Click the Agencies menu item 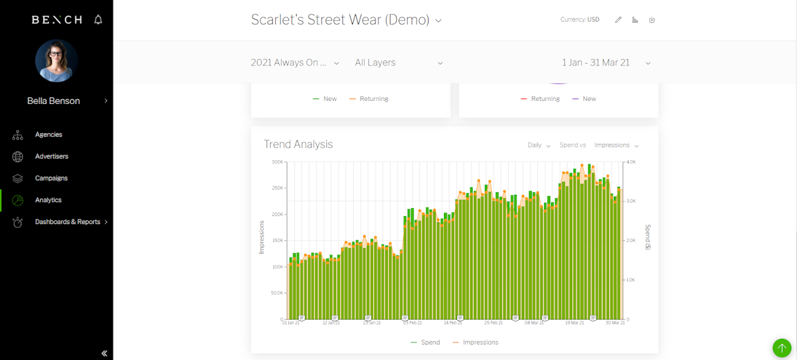(48, 135)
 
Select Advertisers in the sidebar (51, 156)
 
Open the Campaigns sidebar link (51, 178)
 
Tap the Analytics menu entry (48, 200)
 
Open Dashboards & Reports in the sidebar (67, 222)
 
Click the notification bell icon (98, 20)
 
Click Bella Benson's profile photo (56, 61)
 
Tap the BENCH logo (57, 20)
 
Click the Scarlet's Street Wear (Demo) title (340, 20)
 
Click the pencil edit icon (618, 20)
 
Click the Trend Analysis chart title (298, 144)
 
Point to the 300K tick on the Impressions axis (277, 162)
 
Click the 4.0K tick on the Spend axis (631, 162)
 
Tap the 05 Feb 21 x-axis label (412, 323)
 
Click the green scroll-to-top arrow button (781, 348)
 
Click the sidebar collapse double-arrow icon (104, 353)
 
